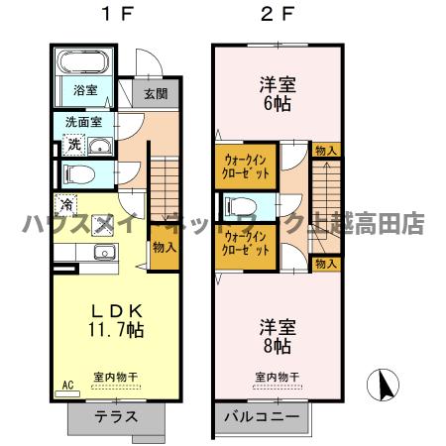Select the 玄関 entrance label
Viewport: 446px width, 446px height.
[x=155, y=95]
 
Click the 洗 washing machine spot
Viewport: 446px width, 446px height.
[x=74, y=146]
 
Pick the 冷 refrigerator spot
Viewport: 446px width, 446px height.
[x=66, y=205]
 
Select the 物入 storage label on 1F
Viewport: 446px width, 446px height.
[x=165, y=250]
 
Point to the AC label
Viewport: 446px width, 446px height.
[x=68, y=384]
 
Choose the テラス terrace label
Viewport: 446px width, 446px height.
[x=116, y=416]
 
